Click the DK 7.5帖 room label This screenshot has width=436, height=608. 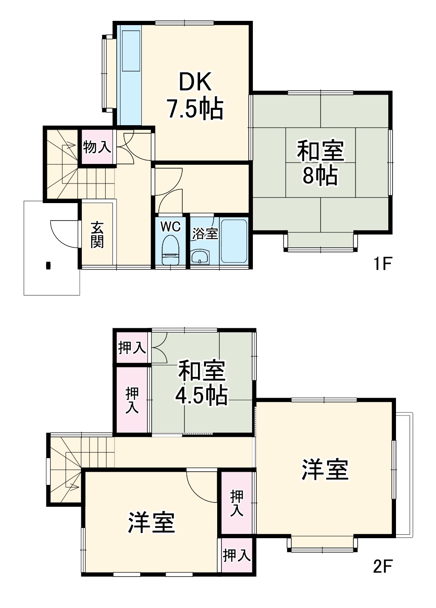click(195, 95)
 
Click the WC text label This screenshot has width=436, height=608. click(171, 226)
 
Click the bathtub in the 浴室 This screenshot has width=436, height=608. click(234, 241)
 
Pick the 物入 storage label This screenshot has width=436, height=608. click(97, 147)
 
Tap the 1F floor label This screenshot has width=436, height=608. click(382, 264)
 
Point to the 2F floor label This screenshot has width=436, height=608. click(382, 566)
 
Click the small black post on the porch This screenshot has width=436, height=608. click(48, 265)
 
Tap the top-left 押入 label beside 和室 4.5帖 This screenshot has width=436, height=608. click(132, 348)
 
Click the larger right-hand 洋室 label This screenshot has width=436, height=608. click(325, 469)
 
